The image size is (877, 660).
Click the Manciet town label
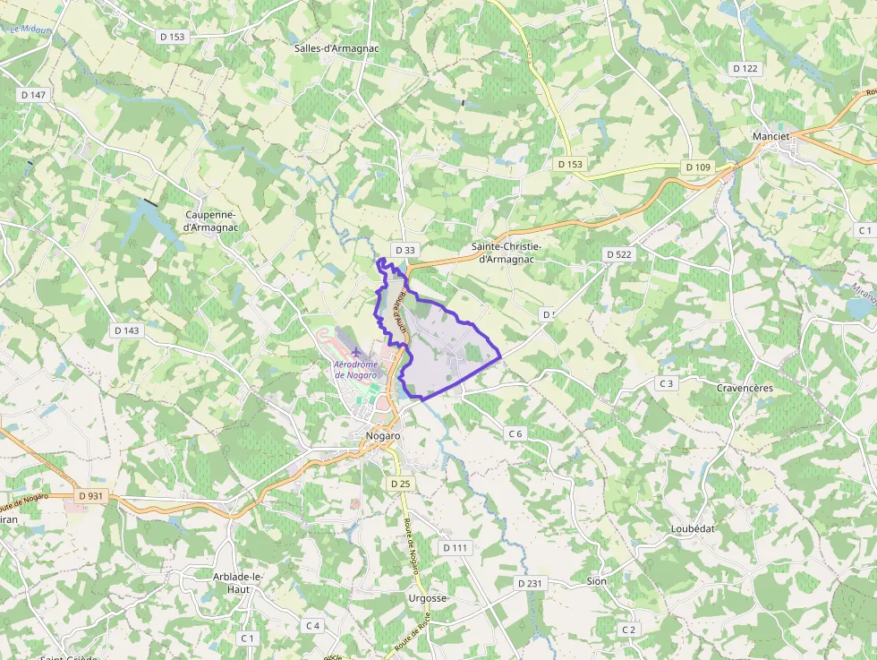pos(771,136)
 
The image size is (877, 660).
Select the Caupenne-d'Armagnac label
pos(209,221)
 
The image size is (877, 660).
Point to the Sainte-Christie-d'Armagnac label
pos(507,252)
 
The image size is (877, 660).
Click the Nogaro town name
pos(383,435)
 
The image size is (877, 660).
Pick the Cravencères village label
pos(745,388)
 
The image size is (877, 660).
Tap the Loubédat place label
pos(693,528)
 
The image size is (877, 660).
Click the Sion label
pos(596,581)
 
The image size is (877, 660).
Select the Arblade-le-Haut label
pos(237,583)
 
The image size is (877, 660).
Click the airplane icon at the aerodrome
pos(358,351)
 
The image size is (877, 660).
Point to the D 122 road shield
pos(745,68)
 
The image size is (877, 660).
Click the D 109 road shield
pos(697,167)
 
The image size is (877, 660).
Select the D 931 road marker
pos(90,495)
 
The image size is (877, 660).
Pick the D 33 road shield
pos(404,250)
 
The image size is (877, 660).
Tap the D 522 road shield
pos(618,254)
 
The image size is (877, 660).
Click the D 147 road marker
pos(32,94)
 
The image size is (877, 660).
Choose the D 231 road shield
pos(530,583)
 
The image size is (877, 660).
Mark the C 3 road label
pos(665,383)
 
